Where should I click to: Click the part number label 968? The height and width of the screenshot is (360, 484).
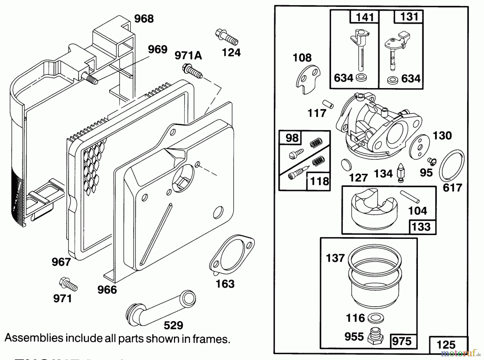tap(144, 19)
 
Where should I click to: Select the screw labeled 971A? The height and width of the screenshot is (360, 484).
tap(193, 71)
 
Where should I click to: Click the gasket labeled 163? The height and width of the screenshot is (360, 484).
tap(232, 255)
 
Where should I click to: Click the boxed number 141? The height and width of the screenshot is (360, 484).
tap(365, 17)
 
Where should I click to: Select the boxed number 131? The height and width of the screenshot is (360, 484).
tap(409, 17)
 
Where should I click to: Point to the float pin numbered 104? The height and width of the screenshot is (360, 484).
tap(410, 197)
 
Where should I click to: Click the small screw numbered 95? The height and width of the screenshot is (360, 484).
tap(432, 161)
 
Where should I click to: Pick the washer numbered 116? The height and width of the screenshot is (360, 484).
tap(375, 318)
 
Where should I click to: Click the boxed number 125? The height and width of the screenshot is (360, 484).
tap(446, 345)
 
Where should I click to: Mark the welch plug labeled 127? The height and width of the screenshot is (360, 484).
tap(346, 164)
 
